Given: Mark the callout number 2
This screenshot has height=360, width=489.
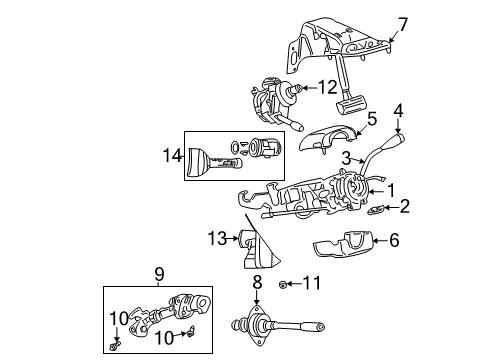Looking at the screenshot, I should pos(405,207).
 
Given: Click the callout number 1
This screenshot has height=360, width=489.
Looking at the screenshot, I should pos(392,188).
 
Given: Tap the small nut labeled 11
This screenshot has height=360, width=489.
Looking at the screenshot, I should pos(286,285).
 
